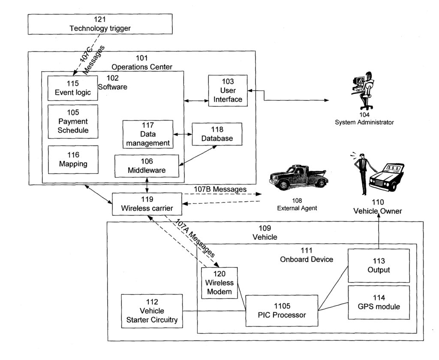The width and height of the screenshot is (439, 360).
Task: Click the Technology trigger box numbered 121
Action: click(x=100, y=24)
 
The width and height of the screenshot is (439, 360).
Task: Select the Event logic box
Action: click(x=73, y=88)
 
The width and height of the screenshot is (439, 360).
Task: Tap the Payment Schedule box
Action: click(x=73, y=121)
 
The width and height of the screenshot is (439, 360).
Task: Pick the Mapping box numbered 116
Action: click(x=73, y=160)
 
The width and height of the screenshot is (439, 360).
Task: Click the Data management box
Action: click(x=148, y=134)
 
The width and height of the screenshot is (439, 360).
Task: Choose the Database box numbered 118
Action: click(x=217, y=134)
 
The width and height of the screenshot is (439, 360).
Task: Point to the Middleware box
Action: click(x=147, y=166)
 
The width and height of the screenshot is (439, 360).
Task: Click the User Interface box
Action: click(x=228, y=91)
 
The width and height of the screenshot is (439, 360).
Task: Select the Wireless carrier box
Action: click(x=147, y=204)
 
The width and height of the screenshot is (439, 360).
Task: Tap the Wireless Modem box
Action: click(x=219, y=283)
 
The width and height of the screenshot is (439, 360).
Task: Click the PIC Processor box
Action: click(x=282, y=310)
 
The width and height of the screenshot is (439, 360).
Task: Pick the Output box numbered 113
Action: click(x=379, y=266)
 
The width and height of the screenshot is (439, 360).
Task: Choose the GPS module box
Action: click(x=379, y=302)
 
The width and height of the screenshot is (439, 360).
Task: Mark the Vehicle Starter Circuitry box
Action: click(x=152, y=311)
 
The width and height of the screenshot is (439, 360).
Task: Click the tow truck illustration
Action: click(x=299, y=178)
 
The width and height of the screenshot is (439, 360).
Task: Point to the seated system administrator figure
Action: click(x=363, y=91)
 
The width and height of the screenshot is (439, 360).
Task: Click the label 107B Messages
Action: click(x=220, y=189)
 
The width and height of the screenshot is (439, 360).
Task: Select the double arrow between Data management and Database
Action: click(x=183, y=134)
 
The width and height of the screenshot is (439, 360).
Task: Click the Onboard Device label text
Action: click(x=307, y=260)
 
